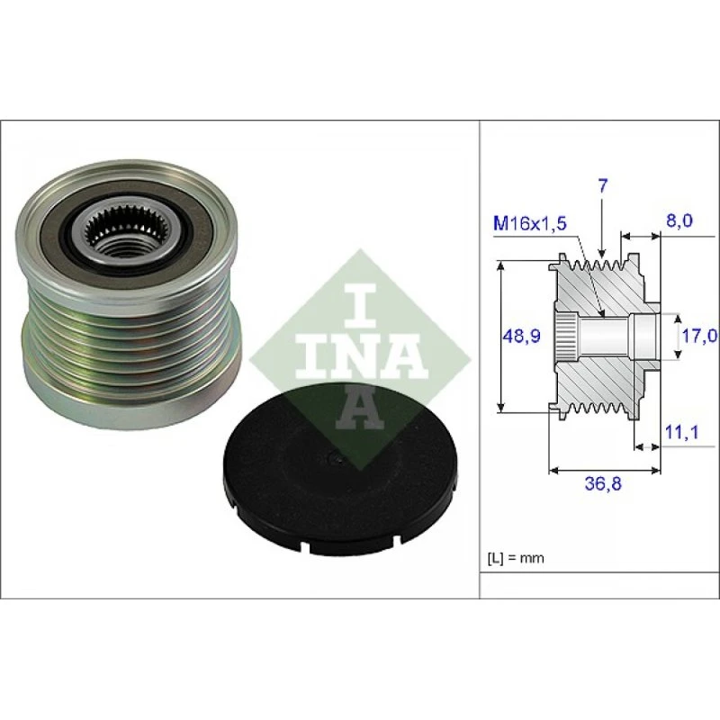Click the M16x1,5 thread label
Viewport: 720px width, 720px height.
529,223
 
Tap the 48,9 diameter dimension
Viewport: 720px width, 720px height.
522,336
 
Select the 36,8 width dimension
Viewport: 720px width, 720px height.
602,482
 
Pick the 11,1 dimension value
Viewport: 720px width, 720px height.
681,432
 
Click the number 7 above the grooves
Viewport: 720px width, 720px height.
602,186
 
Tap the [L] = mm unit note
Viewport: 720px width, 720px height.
515,558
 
